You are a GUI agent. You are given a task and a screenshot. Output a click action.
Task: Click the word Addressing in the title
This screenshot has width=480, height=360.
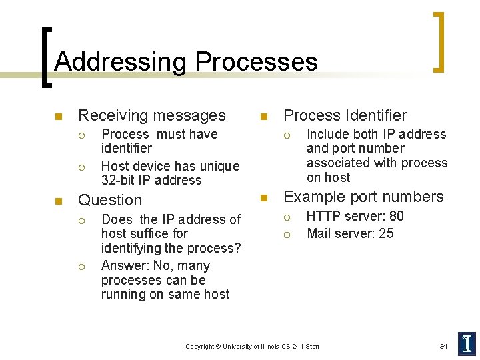click(121, 62)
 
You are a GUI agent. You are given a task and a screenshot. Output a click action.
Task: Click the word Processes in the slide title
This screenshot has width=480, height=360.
click(256, 62)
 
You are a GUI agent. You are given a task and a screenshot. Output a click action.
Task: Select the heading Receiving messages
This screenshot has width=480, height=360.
click(152, 115)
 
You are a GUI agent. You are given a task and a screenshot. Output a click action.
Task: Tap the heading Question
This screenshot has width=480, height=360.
click(110, 200)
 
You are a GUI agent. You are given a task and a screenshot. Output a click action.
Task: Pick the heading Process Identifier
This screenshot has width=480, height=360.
click(345, 115)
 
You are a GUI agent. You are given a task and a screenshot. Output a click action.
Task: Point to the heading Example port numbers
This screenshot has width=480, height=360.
click(363, 197)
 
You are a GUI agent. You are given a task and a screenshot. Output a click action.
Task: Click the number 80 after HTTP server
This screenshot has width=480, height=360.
click(397, 216)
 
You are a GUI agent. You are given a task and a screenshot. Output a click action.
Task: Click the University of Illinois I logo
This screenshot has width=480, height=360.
click(467, 343)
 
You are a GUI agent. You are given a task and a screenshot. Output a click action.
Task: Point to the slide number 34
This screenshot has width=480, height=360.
click(443, 346)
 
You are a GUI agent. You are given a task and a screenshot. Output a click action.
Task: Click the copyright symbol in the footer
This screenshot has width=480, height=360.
click(218, 347)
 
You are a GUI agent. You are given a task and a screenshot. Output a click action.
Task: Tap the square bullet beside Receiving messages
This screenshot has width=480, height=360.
click(58, 117)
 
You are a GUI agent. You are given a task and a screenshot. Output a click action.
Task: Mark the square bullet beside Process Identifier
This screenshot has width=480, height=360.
click(263, 117)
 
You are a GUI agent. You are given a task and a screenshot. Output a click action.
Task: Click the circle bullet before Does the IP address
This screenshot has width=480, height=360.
click(81, 220)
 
